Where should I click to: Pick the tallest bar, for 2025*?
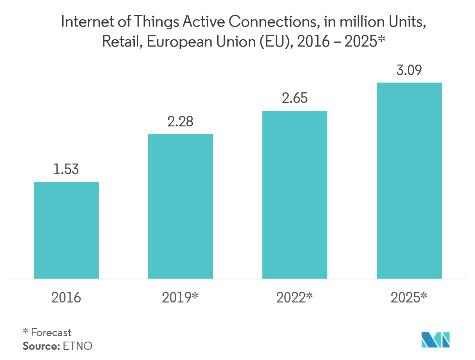tap(409, 180)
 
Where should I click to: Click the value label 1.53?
tap(66, 169)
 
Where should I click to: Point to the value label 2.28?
tap(180, 122)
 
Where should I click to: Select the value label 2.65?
tap(294, 98)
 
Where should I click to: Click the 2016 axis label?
tap(66, 298)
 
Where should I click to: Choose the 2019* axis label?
tap(180, 298)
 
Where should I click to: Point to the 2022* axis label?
tap(294, 298)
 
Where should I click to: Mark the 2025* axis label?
tap(409, 298)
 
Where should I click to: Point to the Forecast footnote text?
tap(51, 333)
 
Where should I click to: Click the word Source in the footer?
tap(40, 346)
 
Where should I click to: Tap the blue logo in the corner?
tap(435, 340)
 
